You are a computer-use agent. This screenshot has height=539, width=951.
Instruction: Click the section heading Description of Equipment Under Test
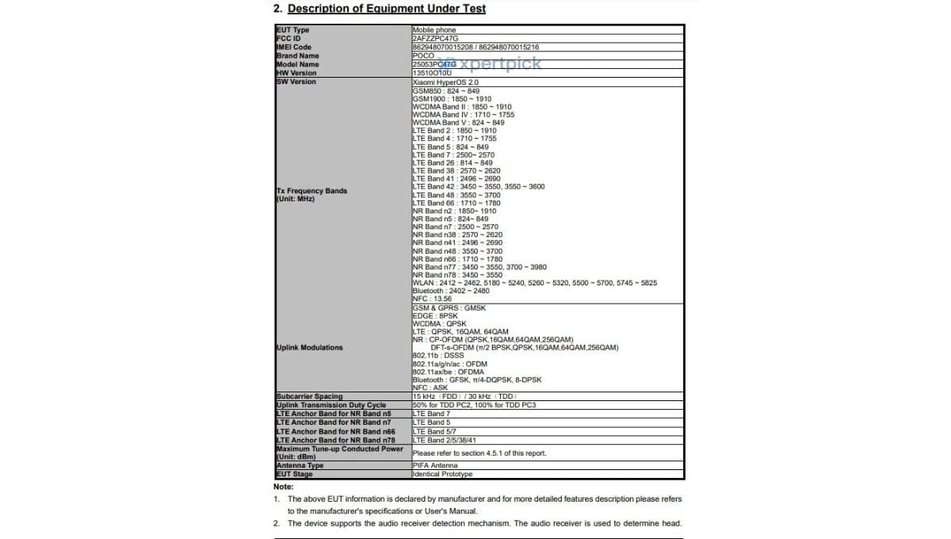[386, 9]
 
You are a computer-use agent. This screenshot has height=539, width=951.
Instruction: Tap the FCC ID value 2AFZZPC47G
[435, 38]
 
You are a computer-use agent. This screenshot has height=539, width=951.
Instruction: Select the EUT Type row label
[292, 30]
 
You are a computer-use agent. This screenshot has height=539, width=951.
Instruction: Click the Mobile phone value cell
[434, 30]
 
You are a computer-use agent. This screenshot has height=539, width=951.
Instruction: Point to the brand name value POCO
[423, 55]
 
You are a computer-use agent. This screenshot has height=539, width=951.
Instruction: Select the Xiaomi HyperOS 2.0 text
[446, 82]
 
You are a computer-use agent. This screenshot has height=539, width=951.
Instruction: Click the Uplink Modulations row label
[309, 347]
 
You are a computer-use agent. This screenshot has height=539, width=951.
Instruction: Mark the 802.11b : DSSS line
[438, 355]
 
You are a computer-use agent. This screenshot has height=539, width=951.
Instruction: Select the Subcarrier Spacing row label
[309, 396]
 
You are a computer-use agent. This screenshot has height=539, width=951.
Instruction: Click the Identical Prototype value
[442, 474]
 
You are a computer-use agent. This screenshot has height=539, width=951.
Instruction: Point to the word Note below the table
[283, 487]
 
